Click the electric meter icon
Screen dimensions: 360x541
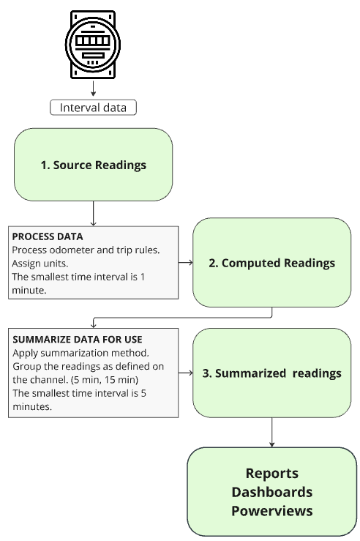[93, 45]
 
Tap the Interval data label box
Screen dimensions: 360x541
[93, 108]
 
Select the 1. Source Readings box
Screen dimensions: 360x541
[93, 165]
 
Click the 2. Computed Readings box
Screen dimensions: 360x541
[271, 263]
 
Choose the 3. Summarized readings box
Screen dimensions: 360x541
[271, 373]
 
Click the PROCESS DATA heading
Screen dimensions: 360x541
[48, 236]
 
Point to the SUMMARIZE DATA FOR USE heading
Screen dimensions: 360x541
[78, 340]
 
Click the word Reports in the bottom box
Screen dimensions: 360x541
[271, 474]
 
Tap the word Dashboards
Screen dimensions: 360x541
[271, 492]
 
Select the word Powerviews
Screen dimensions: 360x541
[271, 511]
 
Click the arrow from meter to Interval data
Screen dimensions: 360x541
[93, 89]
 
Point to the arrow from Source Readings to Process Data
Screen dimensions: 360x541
[93, 214]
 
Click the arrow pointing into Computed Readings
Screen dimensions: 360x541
[186, 263]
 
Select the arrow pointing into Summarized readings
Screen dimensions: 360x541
[186, 373]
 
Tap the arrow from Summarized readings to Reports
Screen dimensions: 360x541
[271, 433]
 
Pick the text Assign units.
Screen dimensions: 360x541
[40, 264]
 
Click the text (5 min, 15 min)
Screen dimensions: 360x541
[105, 380]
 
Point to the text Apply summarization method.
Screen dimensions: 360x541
[80, 354]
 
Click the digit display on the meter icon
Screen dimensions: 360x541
[93, 41]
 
